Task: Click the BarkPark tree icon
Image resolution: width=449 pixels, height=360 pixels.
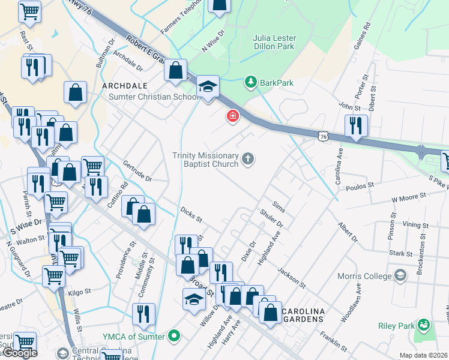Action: [x=251, y=82]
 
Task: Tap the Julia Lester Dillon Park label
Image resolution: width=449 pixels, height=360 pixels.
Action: [x=275, y=42]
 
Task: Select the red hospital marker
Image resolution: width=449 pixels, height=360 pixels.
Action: [x=232, y=116]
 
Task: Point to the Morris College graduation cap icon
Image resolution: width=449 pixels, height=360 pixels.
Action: [x=402, y=275]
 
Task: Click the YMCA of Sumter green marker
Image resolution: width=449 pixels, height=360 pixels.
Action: [x=174, y=336]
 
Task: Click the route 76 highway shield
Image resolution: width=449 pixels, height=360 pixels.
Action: [x=324, y=137]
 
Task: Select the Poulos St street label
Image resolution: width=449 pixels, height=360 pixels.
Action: [x=360, y=187]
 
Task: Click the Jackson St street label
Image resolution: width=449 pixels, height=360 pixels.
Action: [x=292, y=277]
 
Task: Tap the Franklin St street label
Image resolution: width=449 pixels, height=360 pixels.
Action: [x=333, y=342]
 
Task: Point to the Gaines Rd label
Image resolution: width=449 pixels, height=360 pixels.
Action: [x=367, y=34]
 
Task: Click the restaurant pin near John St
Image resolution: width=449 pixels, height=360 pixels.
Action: [x=356, y=126]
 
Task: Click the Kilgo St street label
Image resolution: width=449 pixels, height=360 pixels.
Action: [x=79, y=292]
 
